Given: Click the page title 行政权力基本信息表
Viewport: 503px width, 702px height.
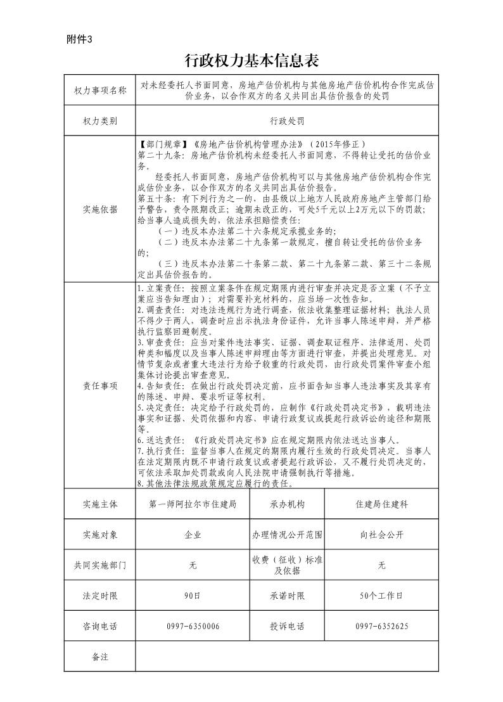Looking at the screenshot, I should point(251,61).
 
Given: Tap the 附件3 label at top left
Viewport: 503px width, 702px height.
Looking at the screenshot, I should point(79,39).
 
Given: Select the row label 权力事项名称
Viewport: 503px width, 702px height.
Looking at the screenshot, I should point(100,91).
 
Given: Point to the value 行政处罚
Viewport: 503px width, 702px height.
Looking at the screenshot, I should point(287,120).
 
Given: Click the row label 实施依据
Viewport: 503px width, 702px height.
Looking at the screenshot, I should point(100,209).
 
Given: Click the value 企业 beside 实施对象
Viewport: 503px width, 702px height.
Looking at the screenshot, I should point(193,535).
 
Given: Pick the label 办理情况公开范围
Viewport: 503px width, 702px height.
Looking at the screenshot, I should point(287,535).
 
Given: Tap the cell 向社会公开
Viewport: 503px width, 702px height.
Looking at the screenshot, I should point(381,535).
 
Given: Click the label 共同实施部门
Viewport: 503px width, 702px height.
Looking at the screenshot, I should point(100,565).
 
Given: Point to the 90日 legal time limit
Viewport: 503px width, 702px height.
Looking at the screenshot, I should point(193,596).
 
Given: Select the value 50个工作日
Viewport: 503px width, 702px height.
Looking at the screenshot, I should point(381,596).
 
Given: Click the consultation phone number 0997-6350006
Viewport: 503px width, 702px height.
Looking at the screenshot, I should point(193,626).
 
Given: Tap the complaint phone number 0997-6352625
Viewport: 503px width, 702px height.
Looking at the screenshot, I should point(381,626).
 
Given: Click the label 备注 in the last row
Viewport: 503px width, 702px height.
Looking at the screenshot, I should point(100,656).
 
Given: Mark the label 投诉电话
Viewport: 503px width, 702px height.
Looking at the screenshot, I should point(287,626).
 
